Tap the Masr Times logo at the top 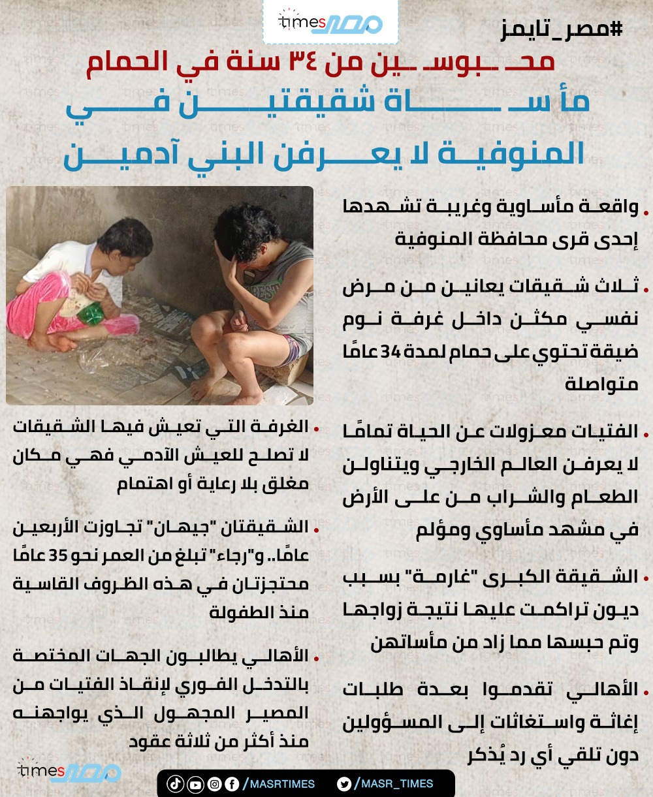click(330, 22)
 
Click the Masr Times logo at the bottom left click(69, 772)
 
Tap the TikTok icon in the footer click(175, 784)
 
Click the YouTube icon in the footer click(195, 784)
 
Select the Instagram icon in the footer click(214, 784)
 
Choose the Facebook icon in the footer click(232, 784)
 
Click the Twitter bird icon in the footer click(345, 784)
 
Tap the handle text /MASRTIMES click(279, 784)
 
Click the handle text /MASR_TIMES click(395, 784)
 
